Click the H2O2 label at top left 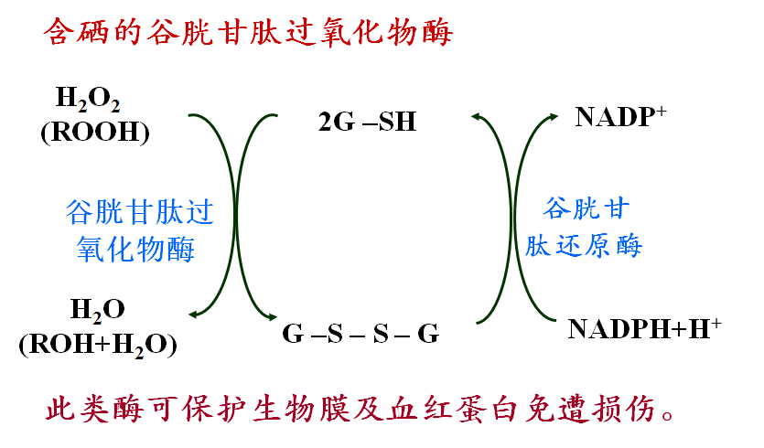tap(88, 99)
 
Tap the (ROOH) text tap(95, 132)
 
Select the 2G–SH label tap(368, 122)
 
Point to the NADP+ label tap(620, 117)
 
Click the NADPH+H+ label tap(644, 329)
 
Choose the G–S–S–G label tap(360, 334)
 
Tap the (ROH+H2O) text tap(98, 345)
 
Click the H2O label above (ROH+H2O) tap(98, 310)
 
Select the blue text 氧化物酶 tap(135, 250)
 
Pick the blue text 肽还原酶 tap(584, 245)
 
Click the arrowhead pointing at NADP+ tap(554, 117)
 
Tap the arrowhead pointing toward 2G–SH tap(476, 116)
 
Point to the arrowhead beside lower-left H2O tap(193, 315)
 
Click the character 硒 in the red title tap(91, 33)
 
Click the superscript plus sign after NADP tap(662, 111)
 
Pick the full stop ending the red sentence tap(668, 415)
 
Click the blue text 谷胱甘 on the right tap(586, 208)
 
